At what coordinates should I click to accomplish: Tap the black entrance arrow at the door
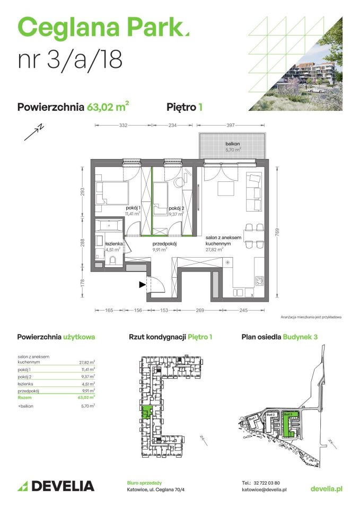pos(142,285)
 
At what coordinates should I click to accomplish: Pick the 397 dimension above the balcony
pos(230,126)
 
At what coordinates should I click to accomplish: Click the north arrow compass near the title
pos(33,132)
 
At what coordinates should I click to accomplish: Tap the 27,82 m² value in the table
pos(86,363)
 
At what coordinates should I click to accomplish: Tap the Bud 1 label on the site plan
pos(254,417)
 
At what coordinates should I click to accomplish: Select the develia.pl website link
pos(326,488)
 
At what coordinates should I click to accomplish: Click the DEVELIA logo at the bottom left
pos(56,486)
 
